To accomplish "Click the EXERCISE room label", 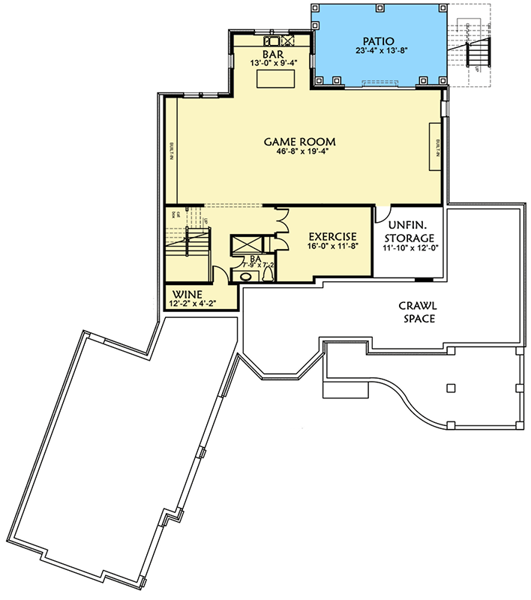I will click(x=327, y=236).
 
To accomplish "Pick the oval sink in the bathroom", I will click(x=244, y=276).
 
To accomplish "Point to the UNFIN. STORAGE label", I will click(x=409, y=231).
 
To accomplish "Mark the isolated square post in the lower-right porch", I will click(x=450, y=388).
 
